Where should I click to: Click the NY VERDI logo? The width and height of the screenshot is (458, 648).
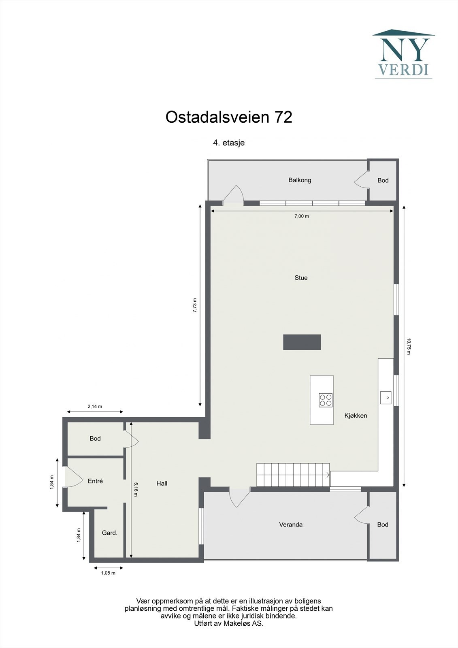[403, 54]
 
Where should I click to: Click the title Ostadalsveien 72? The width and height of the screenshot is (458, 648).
[229, 117]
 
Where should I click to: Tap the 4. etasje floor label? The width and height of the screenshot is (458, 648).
[229, 143]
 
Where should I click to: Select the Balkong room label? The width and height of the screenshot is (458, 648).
[300, 180]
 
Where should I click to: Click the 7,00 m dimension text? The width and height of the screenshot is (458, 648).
[301, 216]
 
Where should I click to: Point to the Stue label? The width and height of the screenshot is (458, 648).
[301, 278]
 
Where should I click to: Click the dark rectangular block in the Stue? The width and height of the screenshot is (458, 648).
[302, 342]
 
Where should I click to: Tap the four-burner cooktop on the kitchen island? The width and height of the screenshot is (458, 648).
[326, 400]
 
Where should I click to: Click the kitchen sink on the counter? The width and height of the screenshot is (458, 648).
[385, 398]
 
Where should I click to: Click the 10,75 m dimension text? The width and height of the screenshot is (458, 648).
[409, 346]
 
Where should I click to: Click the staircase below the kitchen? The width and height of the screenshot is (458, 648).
[293, 475]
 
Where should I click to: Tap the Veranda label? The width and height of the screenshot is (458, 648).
[291, 525]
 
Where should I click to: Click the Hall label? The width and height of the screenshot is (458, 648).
[162, 484]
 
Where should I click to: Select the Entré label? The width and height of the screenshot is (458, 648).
[95, 481]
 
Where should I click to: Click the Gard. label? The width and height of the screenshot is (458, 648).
[109, 533]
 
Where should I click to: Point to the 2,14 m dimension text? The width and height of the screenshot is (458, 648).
[95, 407]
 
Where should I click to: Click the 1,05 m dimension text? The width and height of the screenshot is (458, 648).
[108, 573]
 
